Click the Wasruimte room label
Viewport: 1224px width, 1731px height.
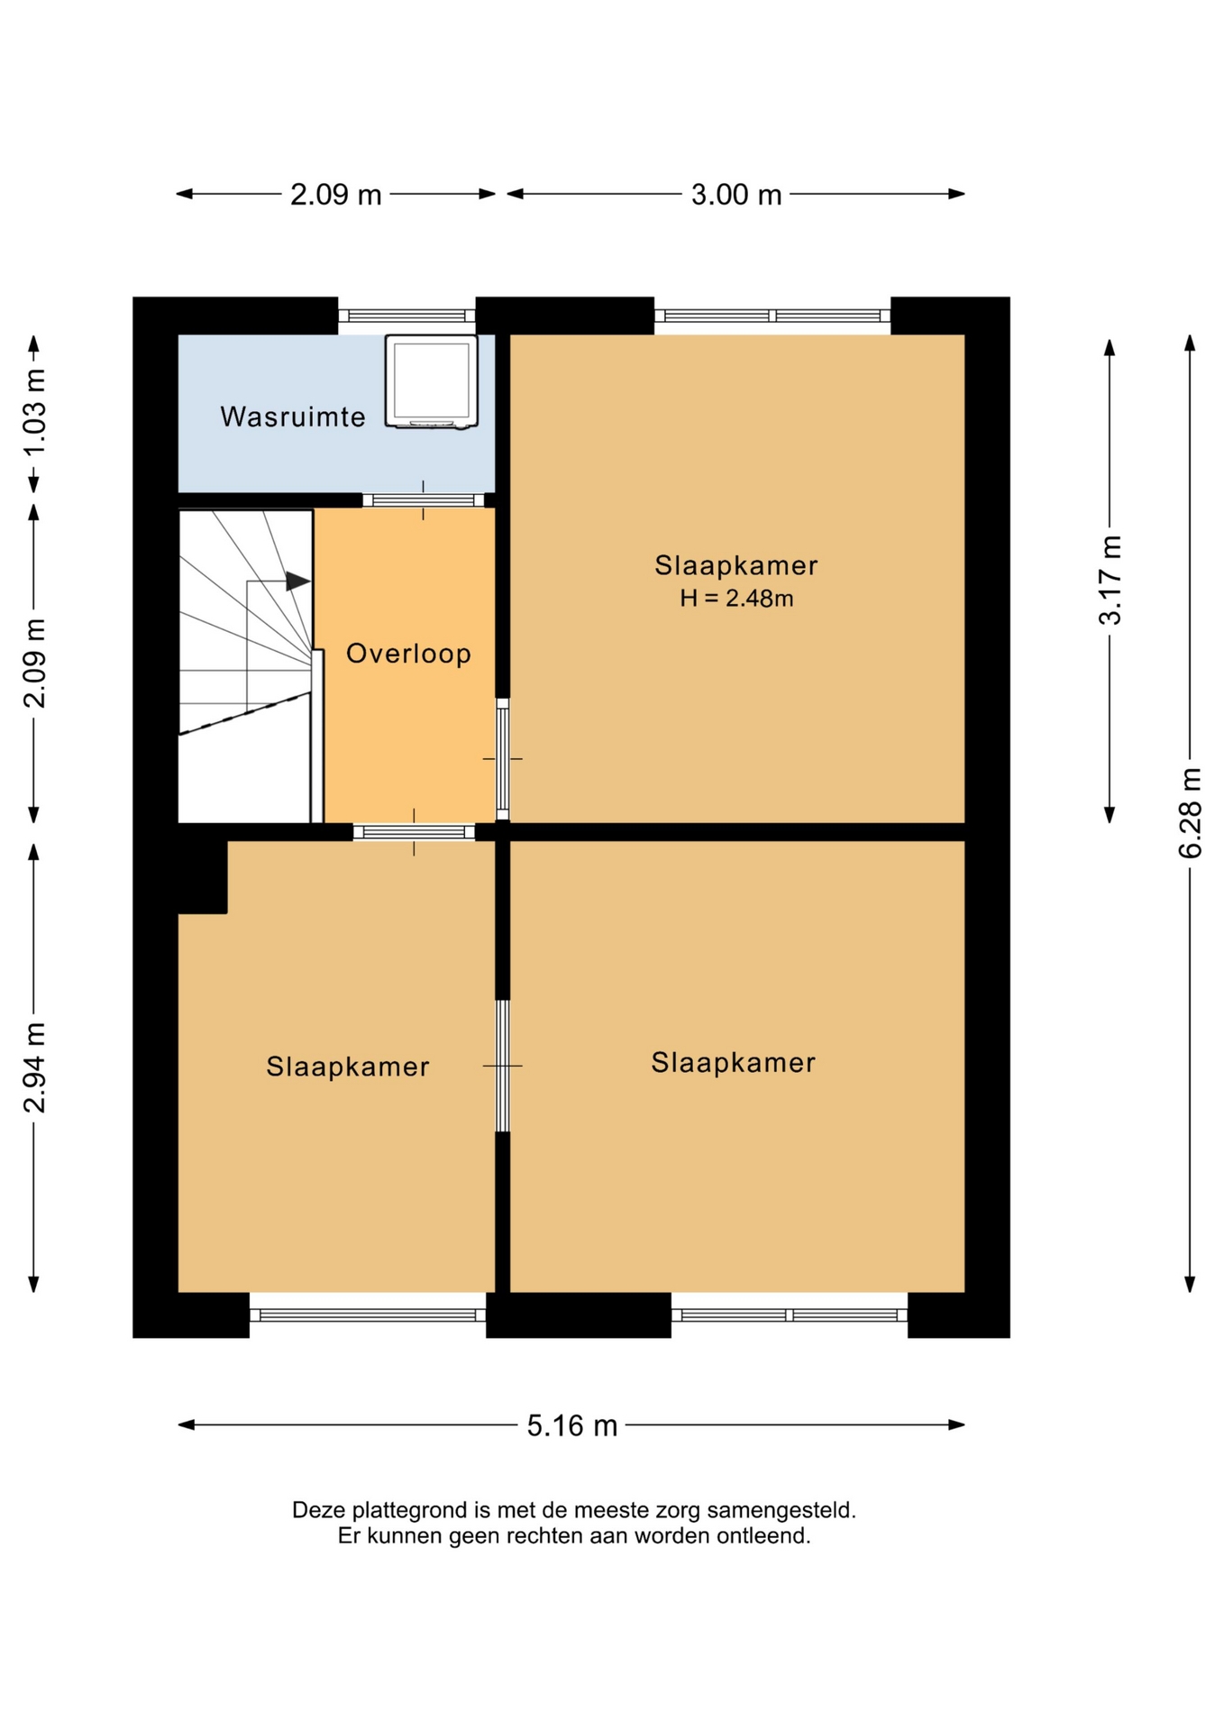pos(293,417)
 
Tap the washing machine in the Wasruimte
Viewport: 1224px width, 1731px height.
pos(432,381)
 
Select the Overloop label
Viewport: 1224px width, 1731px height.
pos(409,654)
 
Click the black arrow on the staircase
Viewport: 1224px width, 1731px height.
pos(298,582)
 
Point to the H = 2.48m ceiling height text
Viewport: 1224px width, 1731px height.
pos(736,599)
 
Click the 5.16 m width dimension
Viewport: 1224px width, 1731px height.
pos(572,1425)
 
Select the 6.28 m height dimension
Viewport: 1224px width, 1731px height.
pos(1190,813)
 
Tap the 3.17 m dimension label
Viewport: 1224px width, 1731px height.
pos(1110,580)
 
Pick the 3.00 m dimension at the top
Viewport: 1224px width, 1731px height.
pos(736,195)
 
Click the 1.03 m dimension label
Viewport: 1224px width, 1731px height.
pos(34,414)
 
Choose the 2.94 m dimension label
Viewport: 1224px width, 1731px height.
pos(34,1068)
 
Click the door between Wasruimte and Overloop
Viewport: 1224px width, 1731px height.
pos(424,500)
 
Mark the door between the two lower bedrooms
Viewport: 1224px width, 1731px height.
pos(503,1066)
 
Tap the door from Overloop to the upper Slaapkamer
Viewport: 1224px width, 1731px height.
pos(503,759)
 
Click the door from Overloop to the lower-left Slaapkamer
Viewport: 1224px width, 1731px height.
pos(414,832)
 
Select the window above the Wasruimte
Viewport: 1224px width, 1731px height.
pos(406,316)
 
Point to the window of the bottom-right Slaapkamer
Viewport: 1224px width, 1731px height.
pos(790,1315)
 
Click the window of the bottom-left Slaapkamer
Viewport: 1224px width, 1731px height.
pos(368,1315)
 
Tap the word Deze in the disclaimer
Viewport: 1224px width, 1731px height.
pos(318,1510)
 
